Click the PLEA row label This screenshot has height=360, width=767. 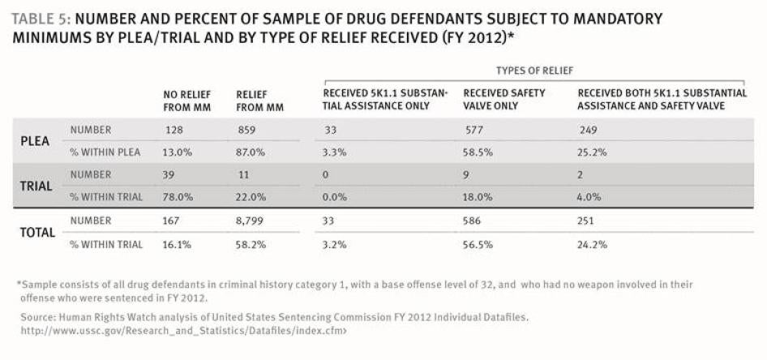[x=35, y=140]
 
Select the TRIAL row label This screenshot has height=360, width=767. [x=36, y=186]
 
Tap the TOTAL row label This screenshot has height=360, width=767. [x=37, y=232]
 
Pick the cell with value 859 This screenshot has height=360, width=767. [x=246, y=130]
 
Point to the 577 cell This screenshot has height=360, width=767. [x=475, y=130]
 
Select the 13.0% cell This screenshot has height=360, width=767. [x=178, y=152]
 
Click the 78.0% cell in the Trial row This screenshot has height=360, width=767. [x=178, y=197]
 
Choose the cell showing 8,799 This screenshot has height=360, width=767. [x=250, y=221]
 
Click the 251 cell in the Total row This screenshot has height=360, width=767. [x=589, y=221]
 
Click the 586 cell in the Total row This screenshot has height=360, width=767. [x=475, y=221]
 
